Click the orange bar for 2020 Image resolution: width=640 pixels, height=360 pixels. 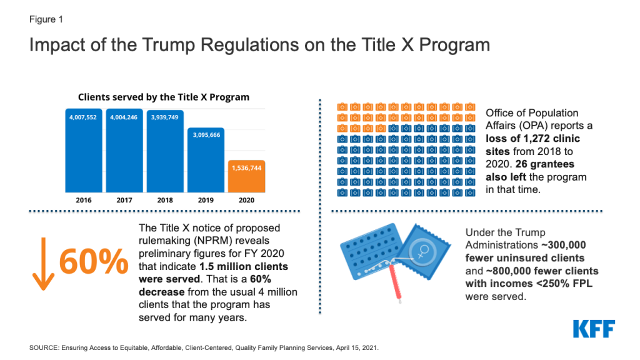pyautogui.click(x=246, y=176)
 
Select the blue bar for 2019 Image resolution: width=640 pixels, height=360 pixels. pyautogui.click(x=206, y=160)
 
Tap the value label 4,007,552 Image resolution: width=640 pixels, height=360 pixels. pyautogui.click(x=83, y=117)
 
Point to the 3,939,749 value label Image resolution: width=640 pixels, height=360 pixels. pyautogui.click(x=164, y=117)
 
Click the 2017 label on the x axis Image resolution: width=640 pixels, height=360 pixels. pyautogui.click(x=124, y=200)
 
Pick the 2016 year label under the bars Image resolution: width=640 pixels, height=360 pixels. pyautogui.click(x=84, y=200)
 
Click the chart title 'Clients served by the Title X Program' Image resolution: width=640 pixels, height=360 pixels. pyautogui.click(x=164, y=97)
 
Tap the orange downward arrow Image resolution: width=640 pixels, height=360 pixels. pyautogui.click(x=43, y=264)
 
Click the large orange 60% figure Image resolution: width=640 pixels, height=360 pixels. pyautogui.click(x=94, y=261)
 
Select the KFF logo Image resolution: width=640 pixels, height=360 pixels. pyautogui.click(x=594, y=329)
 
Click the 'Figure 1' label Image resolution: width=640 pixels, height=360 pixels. pyautogui.click(x=46, y=19)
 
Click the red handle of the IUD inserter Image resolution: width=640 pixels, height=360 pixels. pyautogui.click(x=395, y=282)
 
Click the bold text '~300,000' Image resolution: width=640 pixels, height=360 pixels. pyautogui.click(x=564, y=245)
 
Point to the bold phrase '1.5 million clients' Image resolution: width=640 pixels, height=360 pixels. pyautogui.click(x=244, y=266)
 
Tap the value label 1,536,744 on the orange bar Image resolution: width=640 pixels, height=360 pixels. pyautogui.click(x=246, y=167)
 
